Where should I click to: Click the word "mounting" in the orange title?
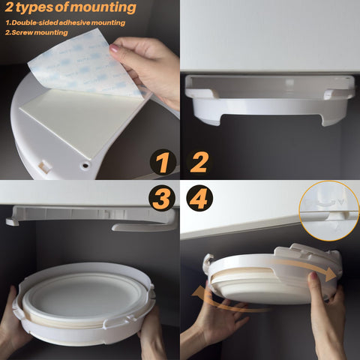tap(104, 9)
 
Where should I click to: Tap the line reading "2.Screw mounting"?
tap(37, 33)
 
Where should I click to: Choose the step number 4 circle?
tap(198, 199)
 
